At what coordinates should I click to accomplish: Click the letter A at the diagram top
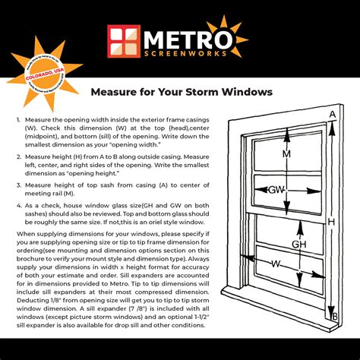(x=332, y=115)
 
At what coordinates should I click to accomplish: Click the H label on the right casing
(x=331, y=221)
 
